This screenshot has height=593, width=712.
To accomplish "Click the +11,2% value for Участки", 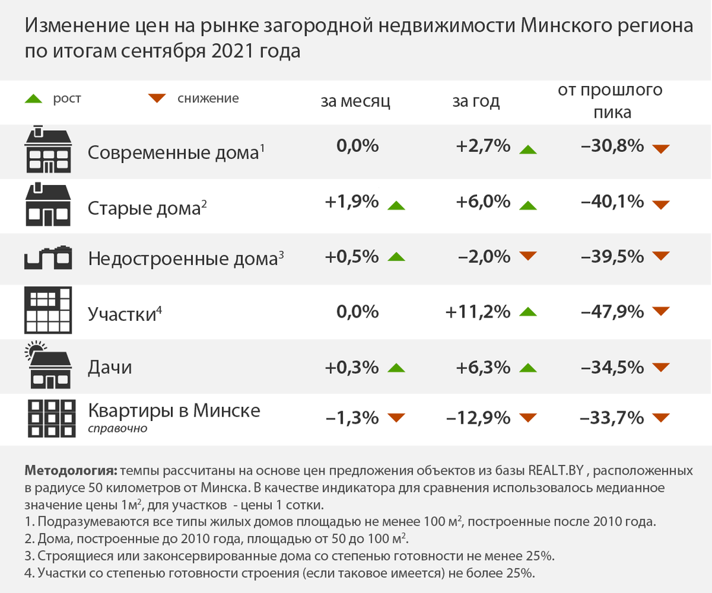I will pos(478,312).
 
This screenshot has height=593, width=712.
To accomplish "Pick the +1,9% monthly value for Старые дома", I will pos(351,202).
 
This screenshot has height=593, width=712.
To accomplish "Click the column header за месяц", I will pos(355,101).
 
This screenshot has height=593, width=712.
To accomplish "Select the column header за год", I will pos(476,101).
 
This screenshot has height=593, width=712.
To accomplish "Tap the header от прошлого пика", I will pos(610,100).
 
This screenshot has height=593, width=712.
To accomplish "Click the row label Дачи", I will pos(110,368).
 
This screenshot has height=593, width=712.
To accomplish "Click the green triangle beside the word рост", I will pos(33,100).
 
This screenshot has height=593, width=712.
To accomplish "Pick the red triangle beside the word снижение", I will pos(156,99).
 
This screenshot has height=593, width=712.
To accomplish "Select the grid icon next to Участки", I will pos(48,311).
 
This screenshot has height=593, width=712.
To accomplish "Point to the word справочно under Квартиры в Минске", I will pos(117,428).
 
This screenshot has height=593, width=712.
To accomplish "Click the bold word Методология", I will pos(70,470).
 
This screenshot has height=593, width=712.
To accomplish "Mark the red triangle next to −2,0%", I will pos(528,257).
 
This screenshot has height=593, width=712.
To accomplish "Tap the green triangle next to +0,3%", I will pos(395,369).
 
